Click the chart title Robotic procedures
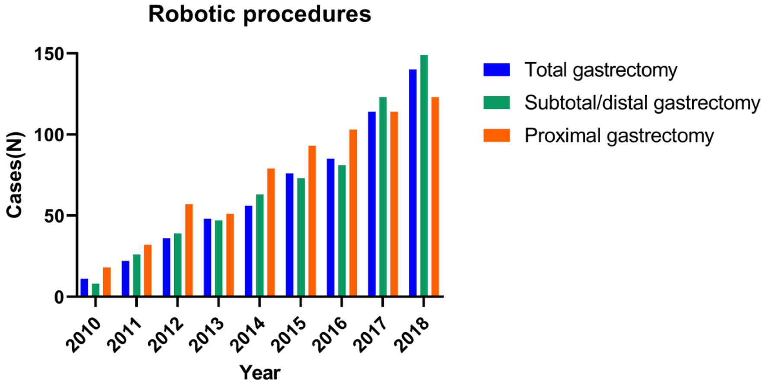tap(259, 14)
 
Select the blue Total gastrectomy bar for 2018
tap(413, 182)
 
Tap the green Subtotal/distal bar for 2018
tap(424, 175)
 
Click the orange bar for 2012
tap(189, 250)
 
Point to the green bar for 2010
tap(96, 289)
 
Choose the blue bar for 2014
tap(249, 251)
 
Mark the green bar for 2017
tap(383, 196)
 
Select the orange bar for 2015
tap(312, 221)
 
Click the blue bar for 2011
tap(125, 278)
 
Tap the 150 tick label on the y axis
tap(49, 54)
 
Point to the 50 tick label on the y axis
tap(54, 216)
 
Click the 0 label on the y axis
tap(60, 297)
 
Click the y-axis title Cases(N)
tap(14, 174)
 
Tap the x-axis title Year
tap(260, 372)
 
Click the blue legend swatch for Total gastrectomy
tap(496, 70)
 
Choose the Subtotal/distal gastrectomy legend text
tap(642, 103)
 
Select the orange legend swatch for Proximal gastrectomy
tap(496, 135)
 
